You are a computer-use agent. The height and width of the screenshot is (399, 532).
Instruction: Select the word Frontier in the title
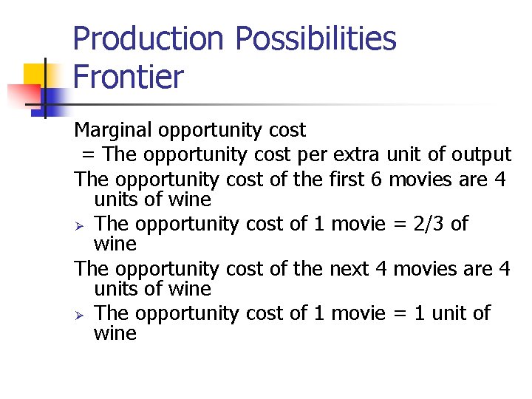click(128, 77)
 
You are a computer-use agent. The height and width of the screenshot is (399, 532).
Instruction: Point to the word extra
click(356, 154)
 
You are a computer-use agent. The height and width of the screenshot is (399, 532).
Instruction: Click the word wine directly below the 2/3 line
click(115, 244)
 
